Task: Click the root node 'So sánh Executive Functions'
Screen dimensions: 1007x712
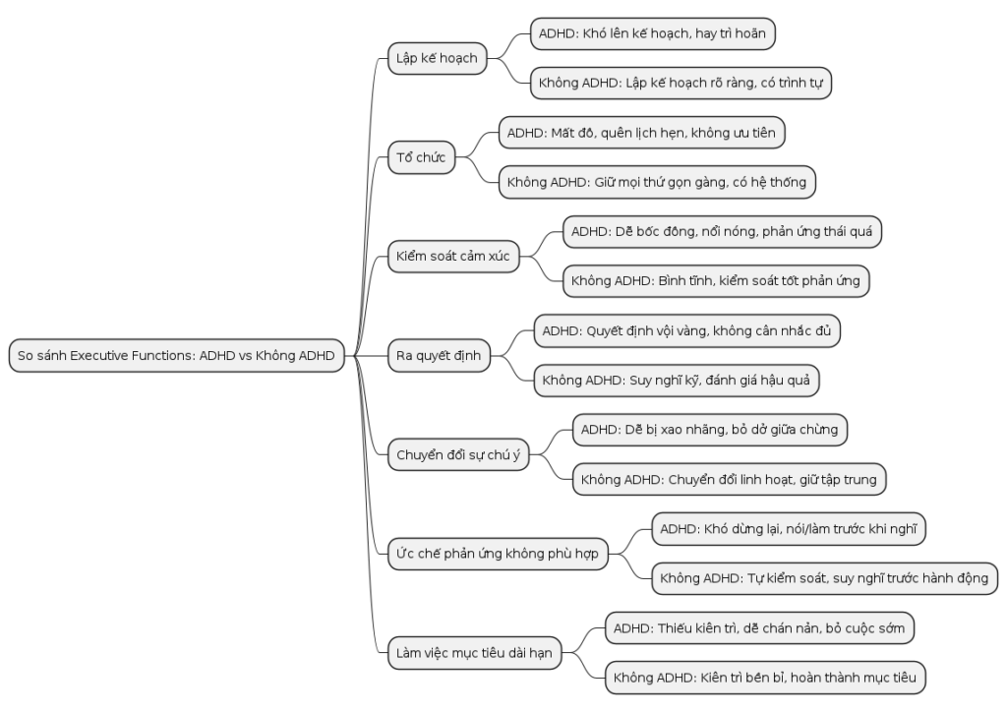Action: [177, 356]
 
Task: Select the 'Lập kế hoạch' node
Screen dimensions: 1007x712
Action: [438, 58]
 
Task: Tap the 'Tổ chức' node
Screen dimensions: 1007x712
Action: [421, 157]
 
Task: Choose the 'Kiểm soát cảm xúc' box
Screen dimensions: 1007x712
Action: [453, 256]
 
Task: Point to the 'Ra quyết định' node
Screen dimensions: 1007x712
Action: [439, 356]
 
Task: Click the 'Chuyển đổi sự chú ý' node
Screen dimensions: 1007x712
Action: [458, 454]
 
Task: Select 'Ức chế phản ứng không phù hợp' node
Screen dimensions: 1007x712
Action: [498, 554]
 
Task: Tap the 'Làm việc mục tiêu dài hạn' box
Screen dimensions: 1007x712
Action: [475, 653]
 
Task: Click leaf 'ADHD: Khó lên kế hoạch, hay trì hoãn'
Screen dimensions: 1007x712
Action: [653, 33]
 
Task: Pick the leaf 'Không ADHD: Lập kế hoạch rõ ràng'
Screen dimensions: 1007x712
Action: [681, 83]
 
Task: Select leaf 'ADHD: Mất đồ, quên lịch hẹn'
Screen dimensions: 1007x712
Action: [641, 133]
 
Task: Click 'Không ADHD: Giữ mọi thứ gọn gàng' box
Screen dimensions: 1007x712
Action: [657, 182]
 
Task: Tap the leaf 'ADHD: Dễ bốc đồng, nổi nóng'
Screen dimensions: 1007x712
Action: [722, 232]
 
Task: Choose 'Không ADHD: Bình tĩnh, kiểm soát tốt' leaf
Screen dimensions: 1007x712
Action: [716, 281]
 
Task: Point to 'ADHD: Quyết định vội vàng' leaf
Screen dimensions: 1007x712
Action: [687, 331]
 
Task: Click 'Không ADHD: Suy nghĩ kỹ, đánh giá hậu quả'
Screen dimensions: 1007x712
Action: [677, 381]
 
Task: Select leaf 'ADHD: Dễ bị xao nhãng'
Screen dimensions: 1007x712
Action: [710, 430]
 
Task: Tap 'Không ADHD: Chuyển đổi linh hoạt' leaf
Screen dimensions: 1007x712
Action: [730, 480]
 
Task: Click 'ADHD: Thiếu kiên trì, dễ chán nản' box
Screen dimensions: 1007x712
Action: [760, 627]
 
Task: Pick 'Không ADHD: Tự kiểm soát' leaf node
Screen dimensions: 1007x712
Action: [825, 578]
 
